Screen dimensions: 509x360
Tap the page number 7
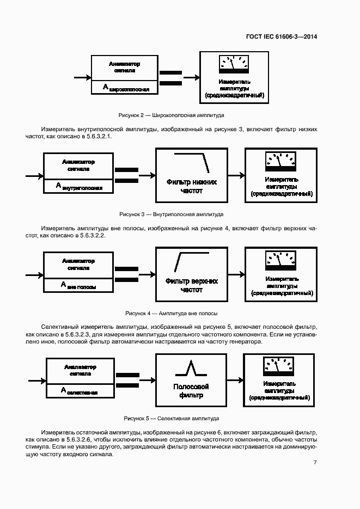pyautogui.click(x=315, y=463)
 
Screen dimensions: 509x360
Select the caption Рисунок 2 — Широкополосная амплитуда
pyautogui.click(x=171, y=115)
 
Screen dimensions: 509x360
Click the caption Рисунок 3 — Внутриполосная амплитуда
pyautogui.click(x=171, y=214)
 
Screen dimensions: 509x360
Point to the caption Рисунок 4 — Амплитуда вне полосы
pyautogui.click(x=171, y=313)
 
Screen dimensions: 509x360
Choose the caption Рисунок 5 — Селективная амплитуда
pyautogui.click(x=171, y=419)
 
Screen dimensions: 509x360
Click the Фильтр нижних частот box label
pyautogui.click(x=191, y=186)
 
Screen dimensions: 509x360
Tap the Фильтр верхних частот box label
pyautogui.click(x=191, y=285)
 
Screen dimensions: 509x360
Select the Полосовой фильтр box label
pyautogui.click(x=191, y=391)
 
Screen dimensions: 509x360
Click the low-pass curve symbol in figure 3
pyautogui.click(x=192, y=161)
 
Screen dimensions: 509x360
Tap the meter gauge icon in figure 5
pyautogui.click(x=278, y=365)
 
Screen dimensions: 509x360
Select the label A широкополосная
pyautogui.click(x=126, y=87)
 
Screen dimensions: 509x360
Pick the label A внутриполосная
pyautogui.click(x=79, y=186)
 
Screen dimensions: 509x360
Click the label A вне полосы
pyautogui.click(x=78, y=285)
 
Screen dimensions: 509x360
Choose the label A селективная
pyautogui.click(x=80, y=391)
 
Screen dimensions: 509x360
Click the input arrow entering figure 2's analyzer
pyautogui.click(x=82, y=78)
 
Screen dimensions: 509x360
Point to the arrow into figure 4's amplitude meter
pyautogui.click(x=236, y=274)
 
